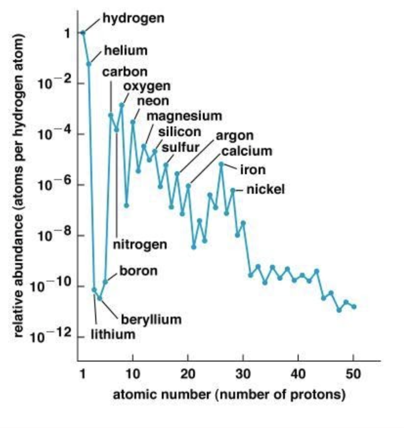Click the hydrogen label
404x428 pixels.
click(x=134, y=18)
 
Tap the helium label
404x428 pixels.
click(x=126, y=51)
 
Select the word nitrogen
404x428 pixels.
click(x=140, y=244)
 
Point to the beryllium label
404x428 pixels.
click(x=151, y=320)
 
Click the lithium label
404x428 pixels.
click(x=113, y=334)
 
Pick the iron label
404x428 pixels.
click(x=252, y=170)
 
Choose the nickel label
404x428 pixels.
click(x=265, y=189)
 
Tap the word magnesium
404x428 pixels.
click(x=184, y=116)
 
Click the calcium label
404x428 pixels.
click(x=247, y=151)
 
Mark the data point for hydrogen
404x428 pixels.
click(x=83, y=33)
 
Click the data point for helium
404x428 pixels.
click(x=89, y=64)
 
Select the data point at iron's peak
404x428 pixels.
click(x=221, y=164)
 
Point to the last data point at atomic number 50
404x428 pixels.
click(x=354, y=306)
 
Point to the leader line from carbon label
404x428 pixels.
click(x=111, y=96)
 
